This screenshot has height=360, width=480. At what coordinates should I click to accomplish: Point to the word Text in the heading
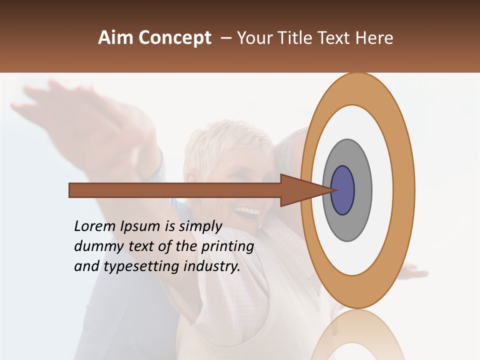coord(334,38)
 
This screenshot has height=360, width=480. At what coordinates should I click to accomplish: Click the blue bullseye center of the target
coord(343,190)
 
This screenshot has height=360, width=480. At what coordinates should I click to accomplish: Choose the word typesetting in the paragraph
coord(142,267)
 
